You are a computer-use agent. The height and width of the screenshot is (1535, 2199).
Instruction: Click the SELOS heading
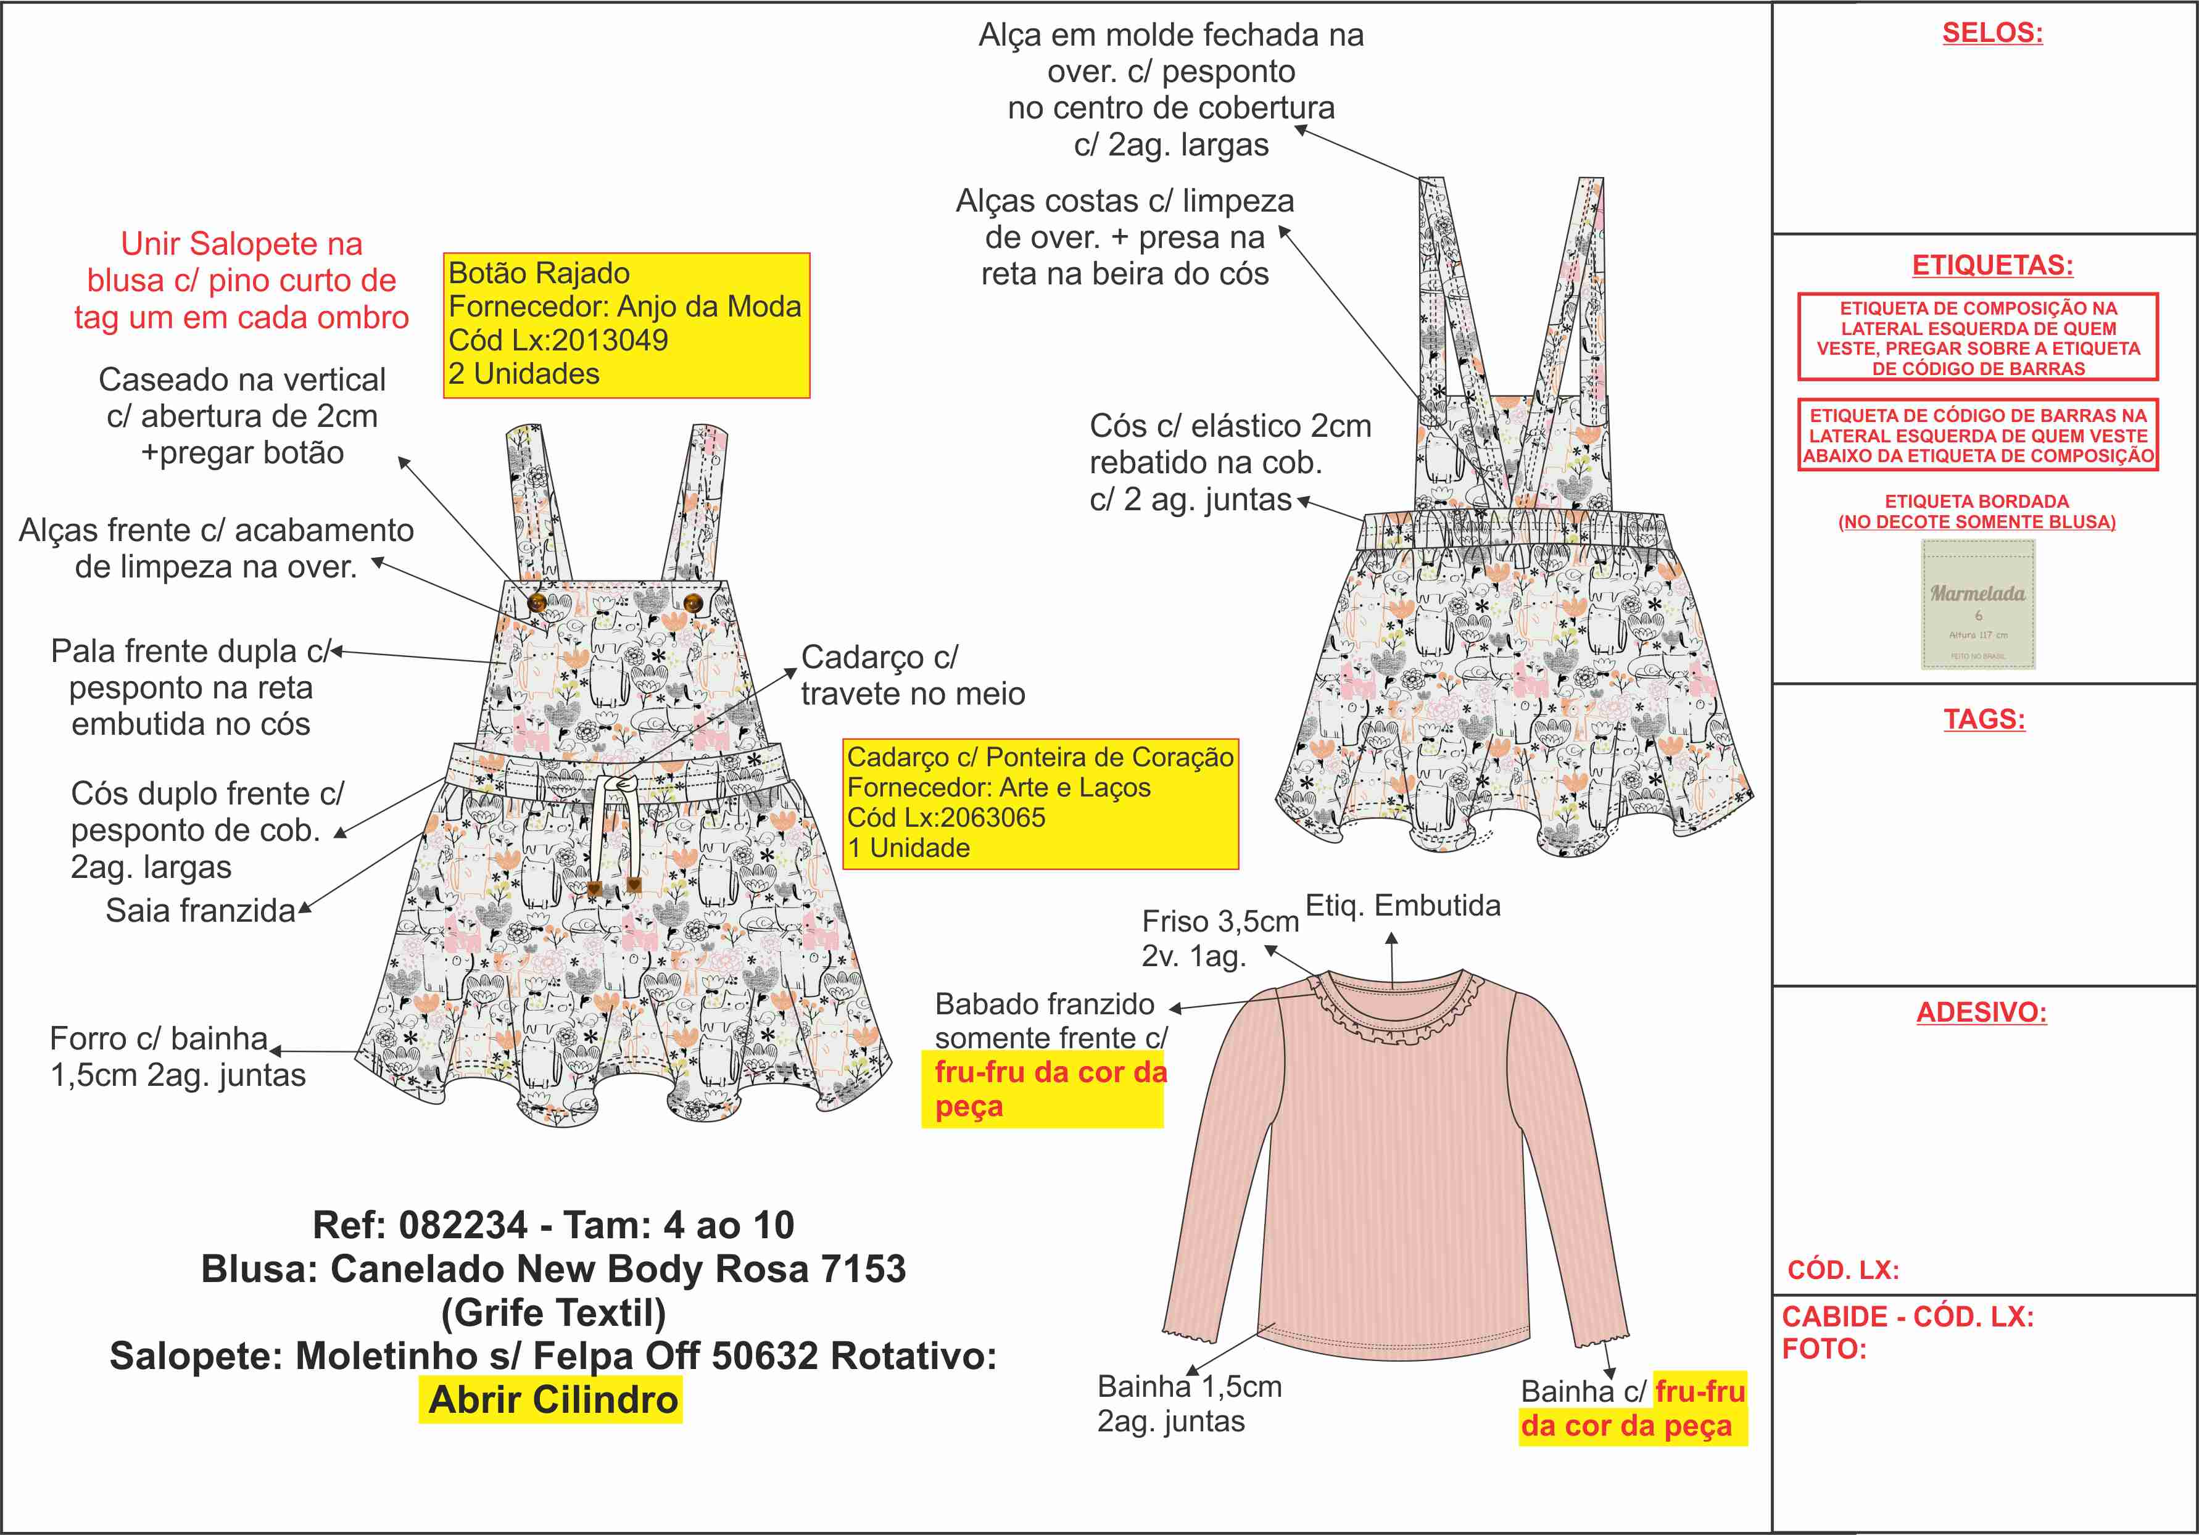tap(1992, 33)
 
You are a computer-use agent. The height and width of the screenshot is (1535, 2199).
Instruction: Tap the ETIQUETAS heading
tap(1992, 265)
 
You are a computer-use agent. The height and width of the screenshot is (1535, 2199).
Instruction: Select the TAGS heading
tap(1984, 719)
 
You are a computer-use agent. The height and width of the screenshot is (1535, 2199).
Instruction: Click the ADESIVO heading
tap(1981, 1012)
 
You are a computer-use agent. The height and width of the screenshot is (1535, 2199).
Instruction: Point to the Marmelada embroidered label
tap(1977, 604)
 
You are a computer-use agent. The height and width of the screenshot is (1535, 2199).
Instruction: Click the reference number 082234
tap(463, 1225)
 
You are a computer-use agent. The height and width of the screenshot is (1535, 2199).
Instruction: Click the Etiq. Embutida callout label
tap(1402, 906)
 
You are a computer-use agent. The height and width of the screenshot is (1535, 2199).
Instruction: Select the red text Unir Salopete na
tap(241, 244)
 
